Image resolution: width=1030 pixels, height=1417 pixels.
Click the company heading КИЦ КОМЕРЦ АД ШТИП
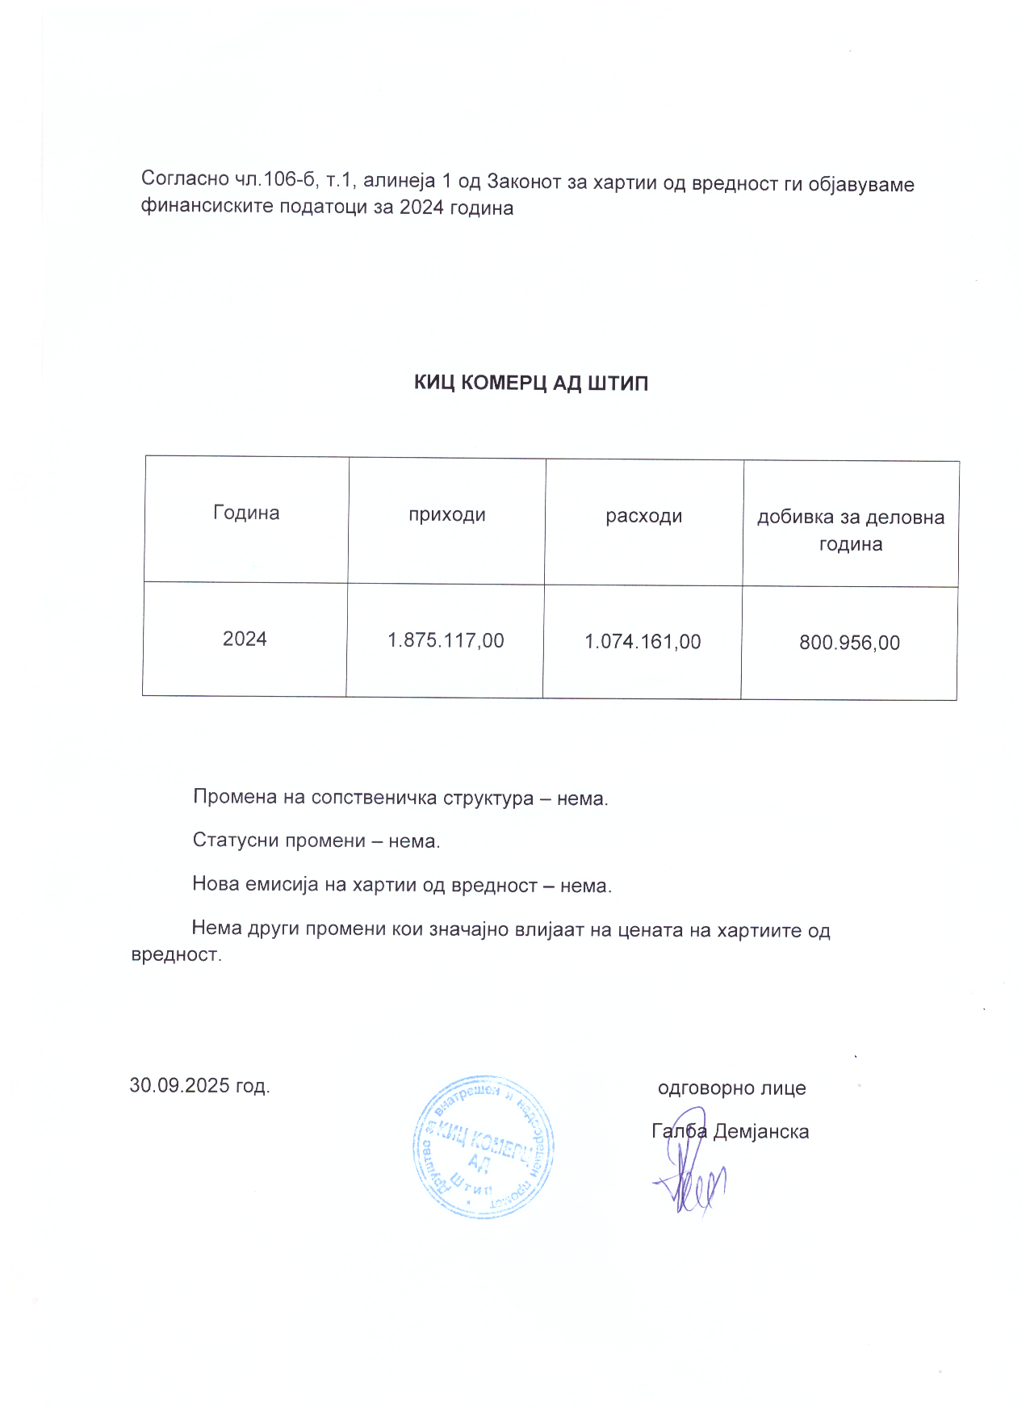530,383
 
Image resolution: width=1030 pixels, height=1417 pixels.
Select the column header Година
246,514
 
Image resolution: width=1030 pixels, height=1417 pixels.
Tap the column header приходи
446,515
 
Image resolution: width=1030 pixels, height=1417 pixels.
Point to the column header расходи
644,517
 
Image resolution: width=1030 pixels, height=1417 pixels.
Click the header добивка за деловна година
850,530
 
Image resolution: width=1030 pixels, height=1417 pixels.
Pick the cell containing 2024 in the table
245,639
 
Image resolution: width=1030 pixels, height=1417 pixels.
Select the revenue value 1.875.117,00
446,641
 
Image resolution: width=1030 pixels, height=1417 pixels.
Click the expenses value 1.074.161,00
643,642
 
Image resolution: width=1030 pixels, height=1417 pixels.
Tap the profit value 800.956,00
849,644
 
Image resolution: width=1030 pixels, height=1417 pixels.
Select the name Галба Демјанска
730,1131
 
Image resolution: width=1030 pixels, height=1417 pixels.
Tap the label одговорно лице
731,1088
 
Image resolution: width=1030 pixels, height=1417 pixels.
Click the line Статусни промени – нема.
316,841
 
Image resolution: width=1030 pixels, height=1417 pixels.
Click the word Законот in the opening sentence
524,182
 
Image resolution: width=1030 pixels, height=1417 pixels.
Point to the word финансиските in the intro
207,207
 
